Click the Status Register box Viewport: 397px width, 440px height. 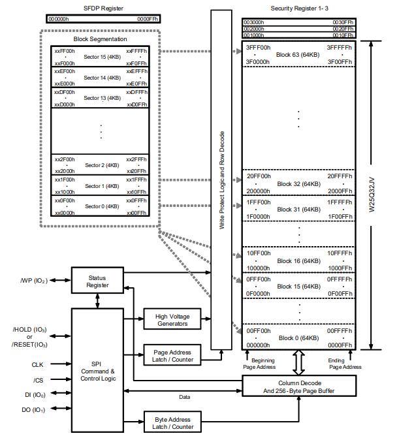[x=97, y=281]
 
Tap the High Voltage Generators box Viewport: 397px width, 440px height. [x=172, y=320]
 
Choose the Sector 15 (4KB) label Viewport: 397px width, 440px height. [x=102, y=57]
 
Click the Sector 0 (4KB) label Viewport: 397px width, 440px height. [x=102, y=207]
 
